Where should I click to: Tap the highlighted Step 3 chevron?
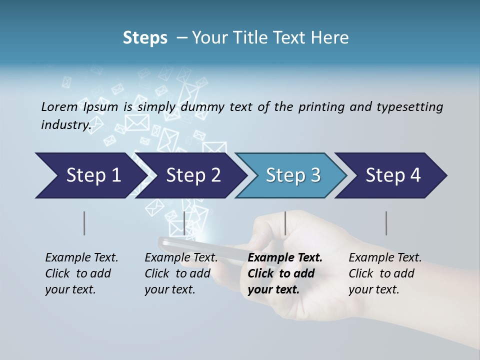(x=293, y=175)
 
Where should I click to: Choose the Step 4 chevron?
(x=393, y=175)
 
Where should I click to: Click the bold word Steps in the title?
(x=145, y=37)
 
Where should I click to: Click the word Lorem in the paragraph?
(x=59, y=106)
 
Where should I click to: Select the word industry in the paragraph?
(x=65, y=124)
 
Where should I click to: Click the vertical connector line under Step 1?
(x=84, y=223)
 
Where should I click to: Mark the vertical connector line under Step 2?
(x=184, y=223)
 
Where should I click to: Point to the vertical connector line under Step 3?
(x=285, y=223)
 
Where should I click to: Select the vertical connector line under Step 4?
(x=386, y=223)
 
